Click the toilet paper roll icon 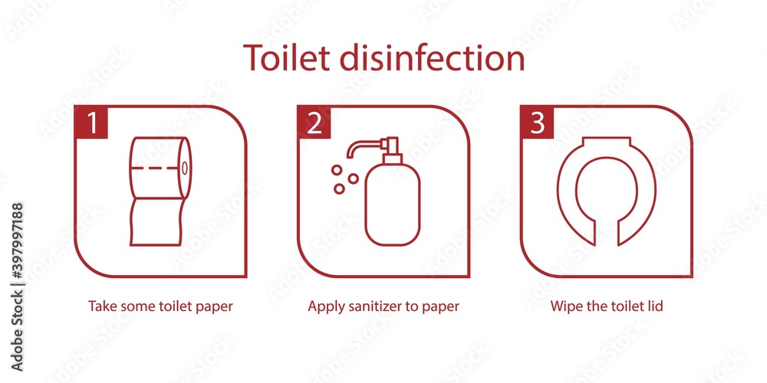(x=160, y=191)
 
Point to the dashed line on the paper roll (x=156, y=168)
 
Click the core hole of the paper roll (x=184, y=168)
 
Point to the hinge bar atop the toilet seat (x=605, y=141)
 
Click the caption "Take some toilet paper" (x=161, y=306)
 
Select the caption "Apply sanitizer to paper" (x=383, y=306)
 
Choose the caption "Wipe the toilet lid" (x=607, y=306)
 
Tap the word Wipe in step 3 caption (x=565, y=306)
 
